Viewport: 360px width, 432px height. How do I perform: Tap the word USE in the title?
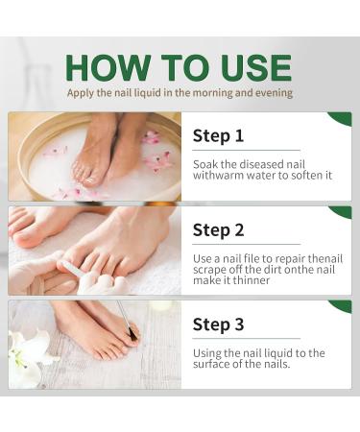pos(255,68)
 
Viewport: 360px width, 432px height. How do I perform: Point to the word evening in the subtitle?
pos(274,93)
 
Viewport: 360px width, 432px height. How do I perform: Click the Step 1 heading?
pos(218,135)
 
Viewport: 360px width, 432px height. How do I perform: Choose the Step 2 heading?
pos(218,230)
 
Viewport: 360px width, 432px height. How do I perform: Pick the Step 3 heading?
pos(218,324)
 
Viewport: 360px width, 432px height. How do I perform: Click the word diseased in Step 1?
pos(261,164)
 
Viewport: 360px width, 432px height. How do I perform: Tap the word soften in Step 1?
pos(302,176)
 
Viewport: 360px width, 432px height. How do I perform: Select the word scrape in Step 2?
pos(209,270)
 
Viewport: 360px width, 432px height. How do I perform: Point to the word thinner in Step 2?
pos(252,280)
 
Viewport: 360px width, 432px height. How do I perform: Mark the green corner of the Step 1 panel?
pos(343,117)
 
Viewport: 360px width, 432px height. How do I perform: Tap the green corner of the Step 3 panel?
pos(343,305)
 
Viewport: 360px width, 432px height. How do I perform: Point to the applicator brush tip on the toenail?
pos(132,335)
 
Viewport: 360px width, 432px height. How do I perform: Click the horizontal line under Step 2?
pos(247,245)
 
